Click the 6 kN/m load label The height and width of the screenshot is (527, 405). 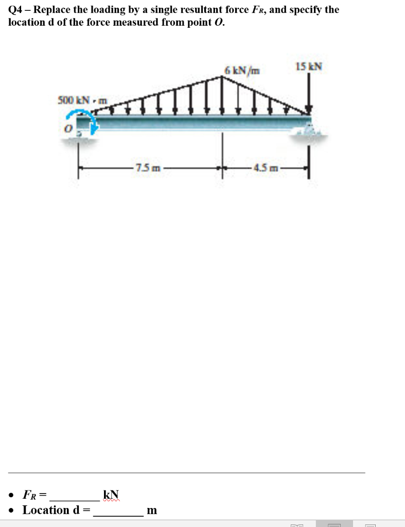coord(242,70)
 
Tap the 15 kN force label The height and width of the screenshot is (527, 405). coord(309,66)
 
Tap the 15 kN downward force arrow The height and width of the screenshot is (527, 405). coord(309,93)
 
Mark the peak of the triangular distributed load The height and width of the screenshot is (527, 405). coord(223,77)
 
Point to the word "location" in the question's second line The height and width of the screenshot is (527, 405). coord(26,23)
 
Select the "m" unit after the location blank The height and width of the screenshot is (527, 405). coord(152,510)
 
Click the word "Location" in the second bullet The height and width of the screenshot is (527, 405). coord(46,510)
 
